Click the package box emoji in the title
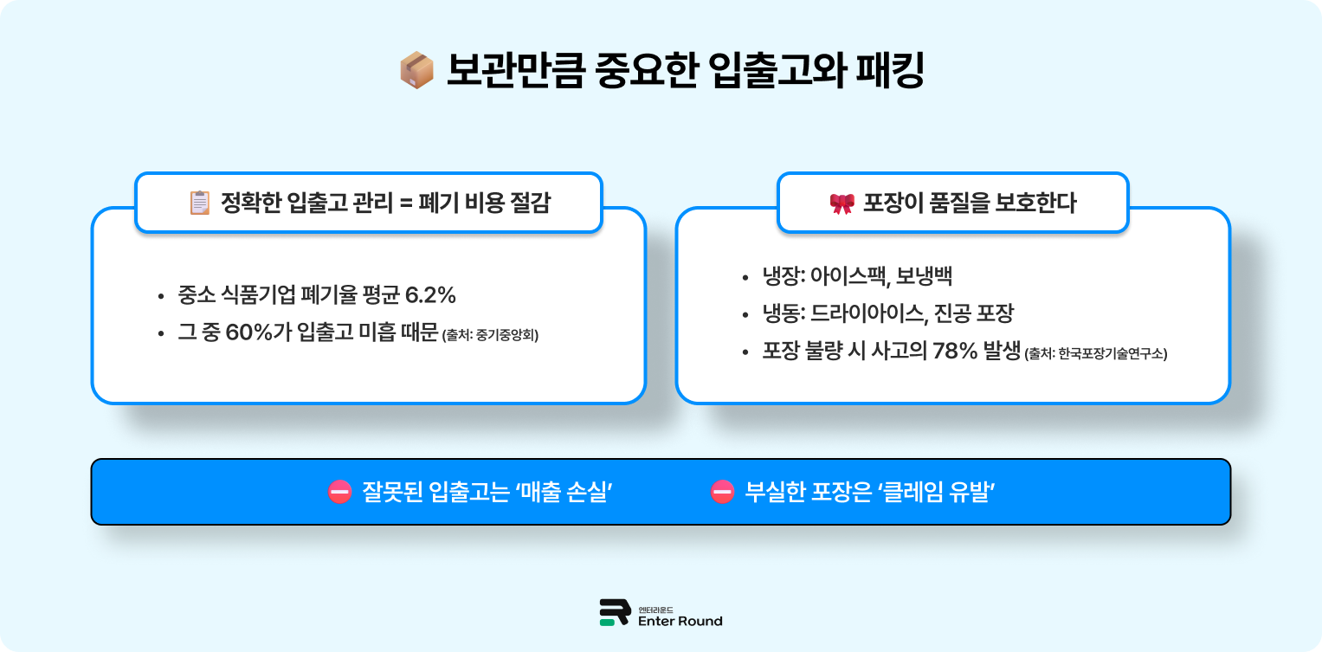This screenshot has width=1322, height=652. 416,71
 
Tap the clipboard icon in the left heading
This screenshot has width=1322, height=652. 199,203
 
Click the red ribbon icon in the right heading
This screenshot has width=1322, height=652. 842,203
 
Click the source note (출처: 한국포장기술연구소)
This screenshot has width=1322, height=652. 1095,354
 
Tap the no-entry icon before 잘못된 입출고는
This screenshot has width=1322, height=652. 339,492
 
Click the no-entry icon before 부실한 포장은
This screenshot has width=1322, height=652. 722,492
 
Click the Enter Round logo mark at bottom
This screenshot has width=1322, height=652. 614,612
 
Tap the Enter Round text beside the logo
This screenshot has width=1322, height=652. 680,621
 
